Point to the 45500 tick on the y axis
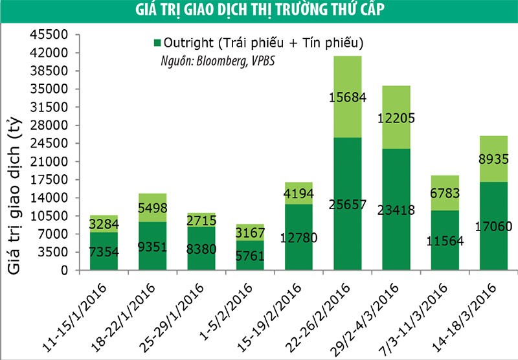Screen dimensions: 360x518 pos(49,35)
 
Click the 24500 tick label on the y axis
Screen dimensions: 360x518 pos(49,144)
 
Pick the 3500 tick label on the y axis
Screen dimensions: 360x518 pos(52,253)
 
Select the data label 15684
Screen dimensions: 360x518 pos(347,98)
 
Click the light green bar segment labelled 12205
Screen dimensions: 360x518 pos(396,117)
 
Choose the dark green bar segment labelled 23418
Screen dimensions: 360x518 pos(396,209)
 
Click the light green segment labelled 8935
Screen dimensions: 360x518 pos(493,159)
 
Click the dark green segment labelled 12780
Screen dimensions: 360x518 pos(298,237)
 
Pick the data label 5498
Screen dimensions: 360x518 pos(152,208)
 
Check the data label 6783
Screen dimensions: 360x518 pos(444,193)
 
